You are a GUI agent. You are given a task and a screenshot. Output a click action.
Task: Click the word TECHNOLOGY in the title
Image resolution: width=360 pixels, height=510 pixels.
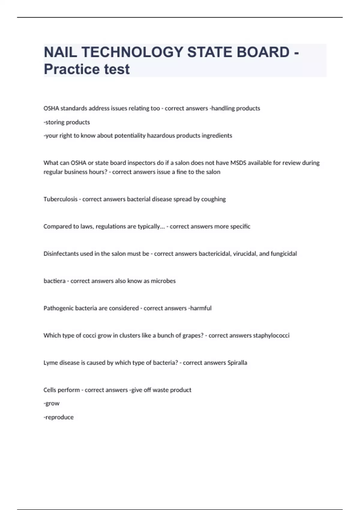(x=132, y=52)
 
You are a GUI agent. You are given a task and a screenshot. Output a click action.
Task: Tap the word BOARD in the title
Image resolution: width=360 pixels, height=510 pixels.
(x=263, y=52)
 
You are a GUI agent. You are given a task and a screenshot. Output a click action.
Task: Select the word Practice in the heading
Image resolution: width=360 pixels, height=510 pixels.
(x=71, y=69)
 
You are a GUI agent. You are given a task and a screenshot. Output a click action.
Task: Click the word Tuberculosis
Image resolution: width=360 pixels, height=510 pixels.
(x=60, y=199)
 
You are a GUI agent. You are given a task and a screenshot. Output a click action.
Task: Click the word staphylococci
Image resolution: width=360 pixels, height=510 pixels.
(x=271, y=335)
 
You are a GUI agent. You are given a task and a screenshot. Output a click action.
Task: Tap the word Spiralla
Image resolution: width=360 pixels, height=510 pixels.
(x=237, y=363)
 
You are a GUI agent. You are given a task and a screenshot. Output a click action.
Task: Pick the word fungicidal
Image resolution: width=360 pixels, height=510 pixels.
(x=284, y=254)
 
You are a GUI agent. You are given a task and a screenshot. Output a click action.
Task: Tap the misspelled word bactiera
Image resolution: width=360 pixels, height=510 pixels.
(x=54, y=281)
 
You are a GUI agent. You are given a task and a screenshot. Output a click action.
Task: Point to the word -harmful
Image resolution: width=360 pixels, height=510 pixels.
(x=200, y=308)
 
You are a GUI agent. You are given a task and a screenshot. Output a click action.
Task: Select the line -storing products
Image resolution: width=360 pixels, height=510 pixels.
(x=67, y=122)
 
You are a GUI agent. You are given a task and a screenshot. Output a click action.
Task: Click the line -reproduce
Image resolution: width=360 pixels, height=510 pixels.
(x=58, y=417)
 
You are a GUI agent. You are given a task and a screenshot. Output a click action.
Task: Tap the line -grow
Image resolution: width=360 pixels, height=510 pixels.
(x=52, y=403)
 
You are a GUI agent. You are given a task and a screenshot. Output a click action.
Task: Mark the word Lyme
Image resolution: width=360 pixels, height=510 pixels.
(x=50, y=363)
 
